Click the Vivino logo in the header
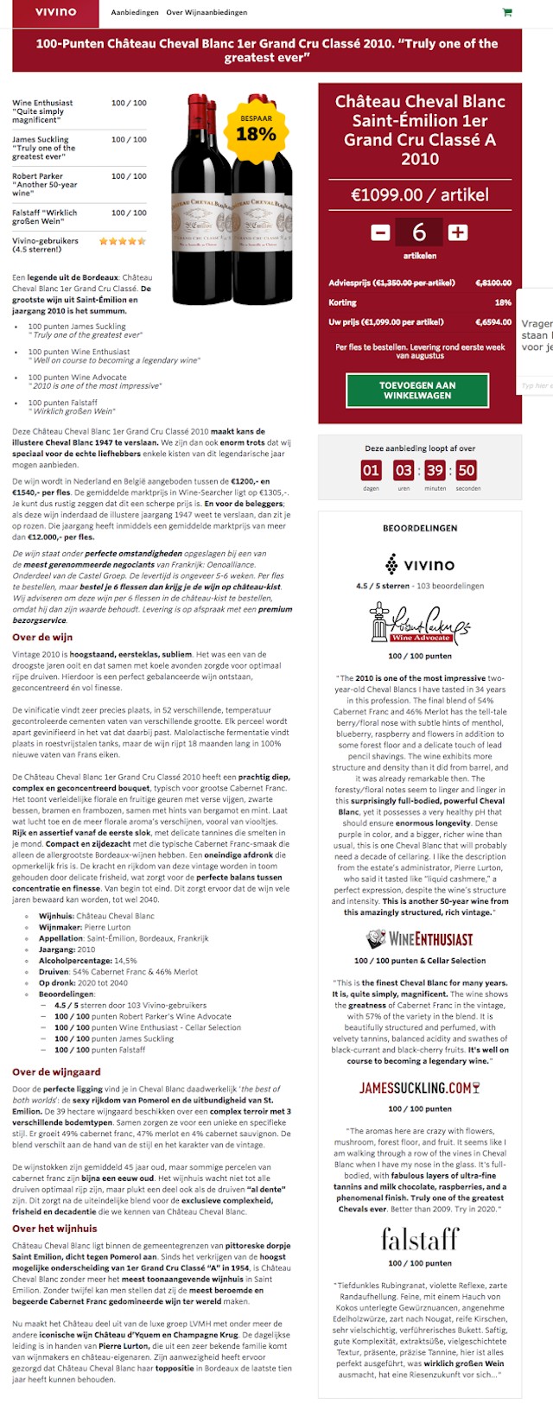55,12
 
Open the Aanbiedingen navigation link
135,13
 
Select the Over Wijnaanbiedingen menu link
207,13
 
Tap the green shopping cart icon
506,13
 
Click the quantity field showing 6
419,232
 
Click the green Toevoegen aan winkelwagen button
417,391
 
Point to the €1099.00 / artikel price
420,194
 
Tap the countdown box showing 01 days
371,470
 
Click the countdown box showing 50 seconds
467,470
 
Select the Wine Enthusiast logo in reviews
420,938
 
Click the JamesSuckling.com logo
420,1088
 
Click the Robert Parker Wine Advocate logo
420,623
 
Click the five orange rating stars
123,242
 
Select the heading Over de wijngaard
56,1071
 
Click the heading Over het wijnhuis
54,1228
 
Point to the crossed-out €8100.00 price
493,283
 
